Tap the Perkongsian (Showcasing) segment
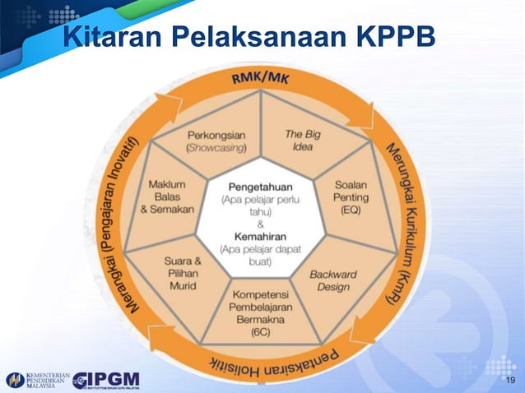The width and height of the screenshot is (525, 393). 213,141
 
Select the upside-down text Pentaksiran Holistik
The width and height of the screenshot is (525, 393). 263,361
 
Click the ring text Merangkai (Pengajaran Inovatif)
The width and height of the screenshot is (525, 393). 115,222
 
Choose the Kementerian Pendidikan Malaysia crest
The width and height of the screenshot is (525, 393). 15,380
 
